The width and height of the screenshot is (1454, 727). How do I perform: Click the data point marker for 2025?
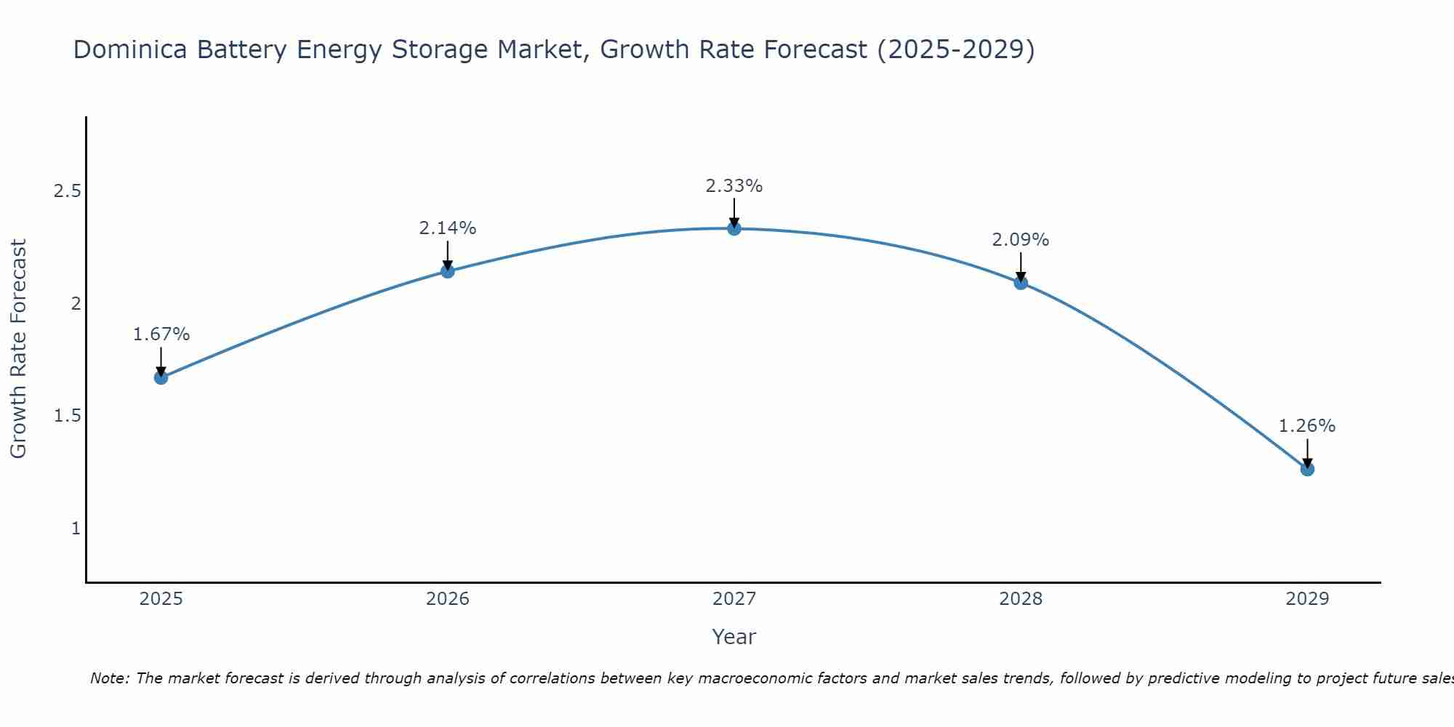tap(161, 377)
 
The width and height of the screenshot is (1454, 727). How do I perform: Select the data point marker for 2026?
tap(448, 271)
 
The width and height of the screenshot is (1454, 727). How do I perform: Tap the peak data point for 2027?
tap(734, 228)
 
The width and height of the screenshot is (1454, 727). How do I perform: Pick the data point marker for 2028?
tap(1021, 283)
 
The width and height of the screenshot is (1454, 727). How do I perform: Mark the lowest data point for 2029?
tap(1307, 469)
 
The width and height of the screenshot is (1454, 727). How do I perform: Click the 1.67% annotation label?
tap(161, 334)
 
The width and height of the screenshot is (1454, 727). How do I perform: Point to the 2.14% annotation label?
tap(448, 228)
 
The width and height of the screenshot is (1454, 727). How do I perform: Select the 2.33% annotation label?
tap(734, 186)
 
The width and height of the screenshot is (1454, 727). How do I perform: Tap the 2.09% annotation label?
tap(1021, 240)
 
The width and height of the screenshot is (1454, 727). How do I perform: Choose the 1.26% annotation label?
tap(1307, 426)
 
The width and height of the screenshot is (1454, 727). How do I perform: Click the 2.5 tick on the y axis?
tap(67, 191)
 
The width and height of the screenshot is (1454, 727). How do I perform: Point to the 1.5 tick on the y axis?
tap(67, 416)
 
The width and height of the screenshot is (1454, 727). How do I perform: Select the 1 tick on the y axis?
tap(76, 528)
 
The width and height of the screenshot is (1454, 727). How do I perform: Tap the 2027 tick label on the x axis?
tap(734, 599)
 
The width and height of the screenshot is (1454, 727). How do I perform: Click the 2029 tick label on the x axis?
tap(1307, 599)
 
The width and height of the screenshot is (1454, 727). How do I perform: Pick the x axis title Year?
tap(734, 637)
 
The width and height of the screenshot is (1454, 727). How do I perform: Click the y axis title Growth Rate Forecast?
tap(18, 349)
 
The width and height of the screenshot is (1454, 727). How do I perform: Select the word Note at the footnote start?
tap(109, 678)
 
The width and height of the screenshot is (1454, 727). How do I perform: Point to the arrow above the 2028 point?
tap(1021, 267)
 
